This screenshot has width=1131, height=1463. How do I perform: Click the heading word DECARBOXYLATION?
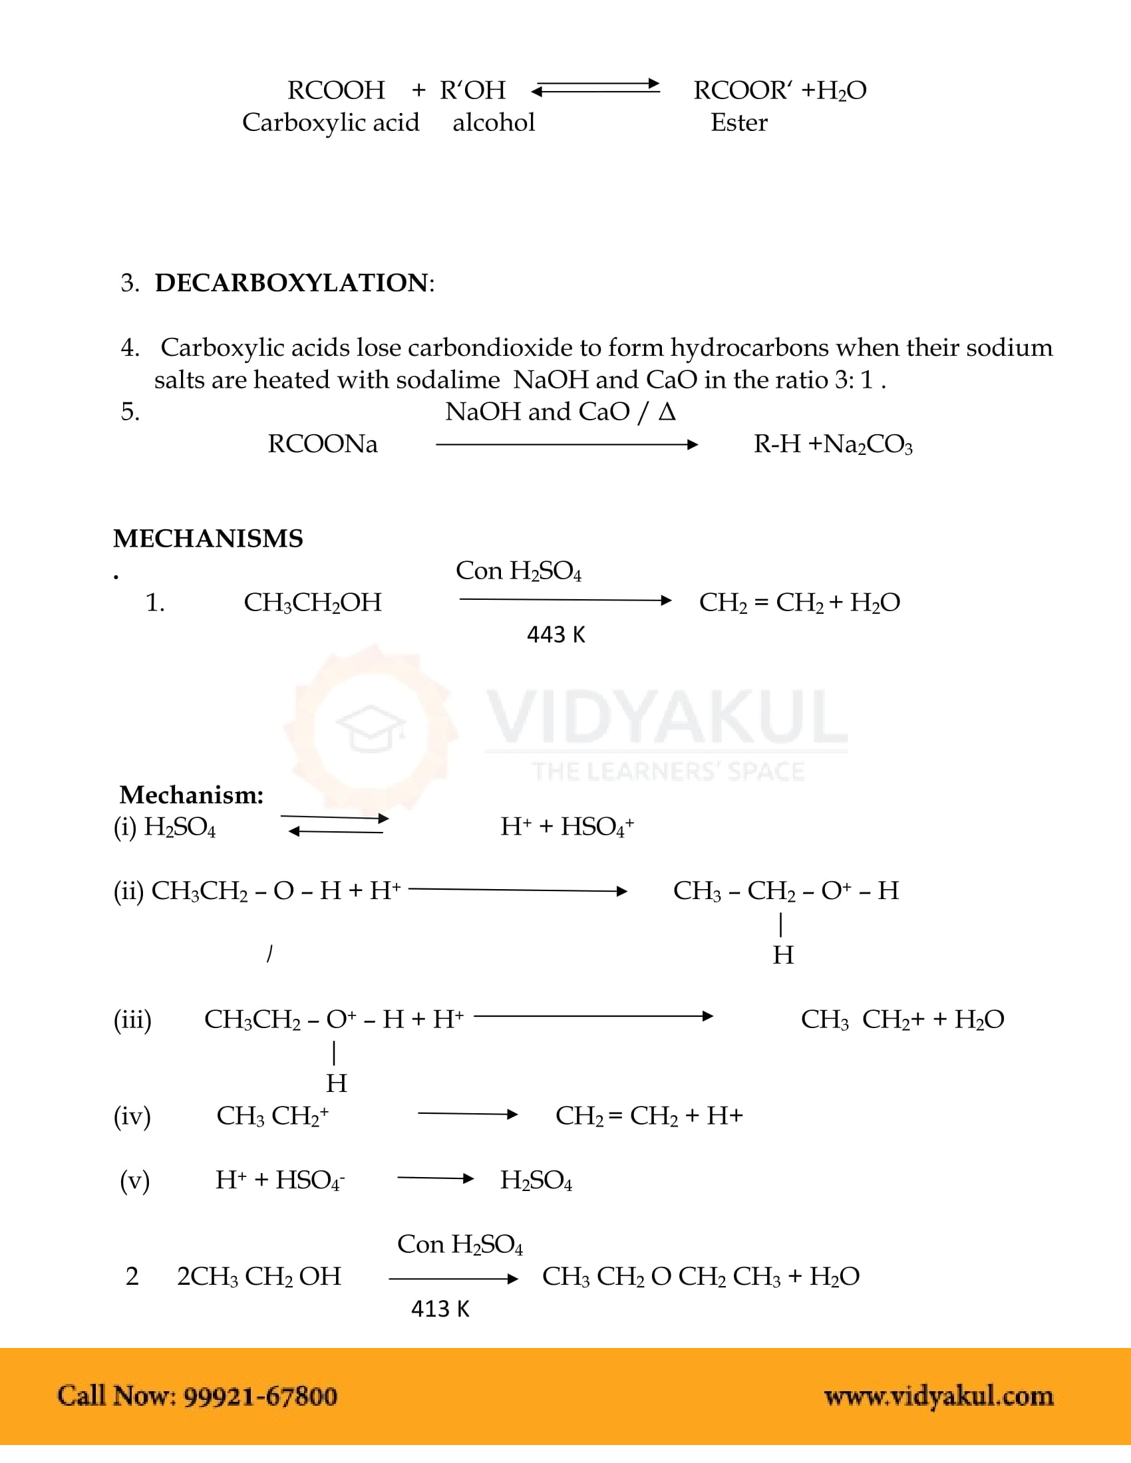[291, 283]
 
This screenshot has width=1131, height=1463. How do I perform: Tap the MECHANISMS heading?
[208, 539]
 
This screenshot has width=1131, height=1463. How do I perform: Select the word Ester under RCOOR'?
[738, 122]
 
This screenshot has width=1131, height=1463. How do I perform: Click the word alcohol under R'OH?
[493, 122]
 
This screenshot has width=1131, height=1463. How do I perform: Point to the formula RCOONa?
[322, 444]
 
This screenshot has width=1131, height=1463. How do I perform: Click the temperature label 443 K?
[556, 634]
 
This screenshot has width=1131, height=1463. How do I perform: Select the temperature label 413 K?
[440, 1308]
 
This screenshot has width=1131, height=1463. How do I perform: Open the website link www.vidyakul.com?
[938, 1396]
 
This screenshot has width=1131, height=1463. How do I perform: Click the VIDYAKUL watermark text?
[667, 718]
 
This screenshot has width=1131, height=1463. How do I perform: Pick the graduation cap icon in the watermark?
[371, 728]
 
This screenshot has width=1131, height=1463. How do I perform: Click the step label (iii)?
[132, 1019]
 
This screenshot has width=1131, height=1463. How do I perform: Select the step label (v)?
[134, 1180]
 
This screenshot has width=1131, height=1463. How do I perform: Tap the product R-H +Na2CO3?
[832, 444]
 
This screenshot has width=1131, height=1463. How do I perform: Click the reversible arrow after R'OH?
[595, 88]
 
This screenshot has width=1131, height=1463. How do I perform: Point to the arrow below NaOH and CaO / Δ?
[566, 444]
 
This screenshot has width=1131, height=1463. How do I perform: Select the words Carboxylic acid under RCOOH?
[331, 122]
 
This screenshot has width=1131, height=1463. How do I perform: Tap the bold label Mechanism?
[191, 795]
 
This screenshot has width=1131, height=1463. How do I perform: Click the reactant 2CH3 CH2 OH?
[259, 1276]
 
